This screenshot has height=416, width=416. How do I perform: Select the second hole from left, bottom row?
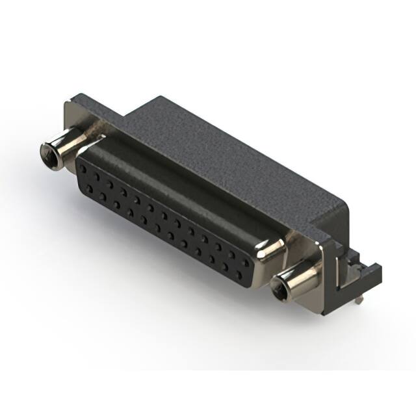(x=97, y=188)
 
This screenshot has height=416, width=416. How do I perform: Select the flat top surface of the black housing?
(x=234, y=156)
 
